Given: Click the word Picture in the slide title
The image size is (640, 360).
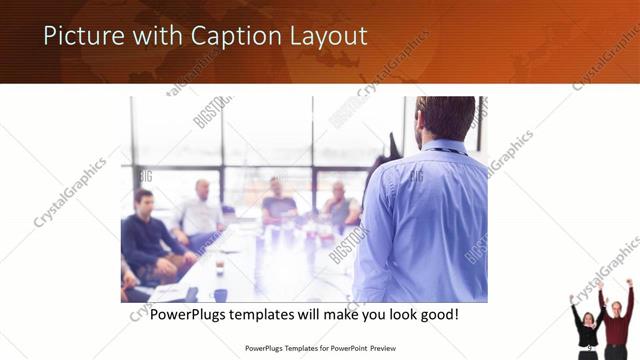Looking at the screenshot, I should (x=83, y=37).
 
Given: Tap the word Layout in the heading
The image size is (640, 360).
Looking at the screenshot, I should (x=326, y=37).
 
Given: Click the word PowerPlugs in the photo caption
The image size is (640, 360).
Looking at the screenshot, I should (x=193, y=315).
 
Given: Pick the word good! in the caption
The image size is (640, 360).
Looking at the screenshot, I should (x=436, y=315).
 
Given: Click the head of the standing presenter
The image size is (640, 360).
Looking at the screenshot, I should (x=444, y=118).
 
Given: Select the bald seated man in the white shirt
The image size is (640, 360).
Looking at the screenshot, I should (x=203, y=210).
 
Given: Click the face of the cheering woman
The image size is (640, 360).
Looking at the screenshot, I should (x=588, y=319).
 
